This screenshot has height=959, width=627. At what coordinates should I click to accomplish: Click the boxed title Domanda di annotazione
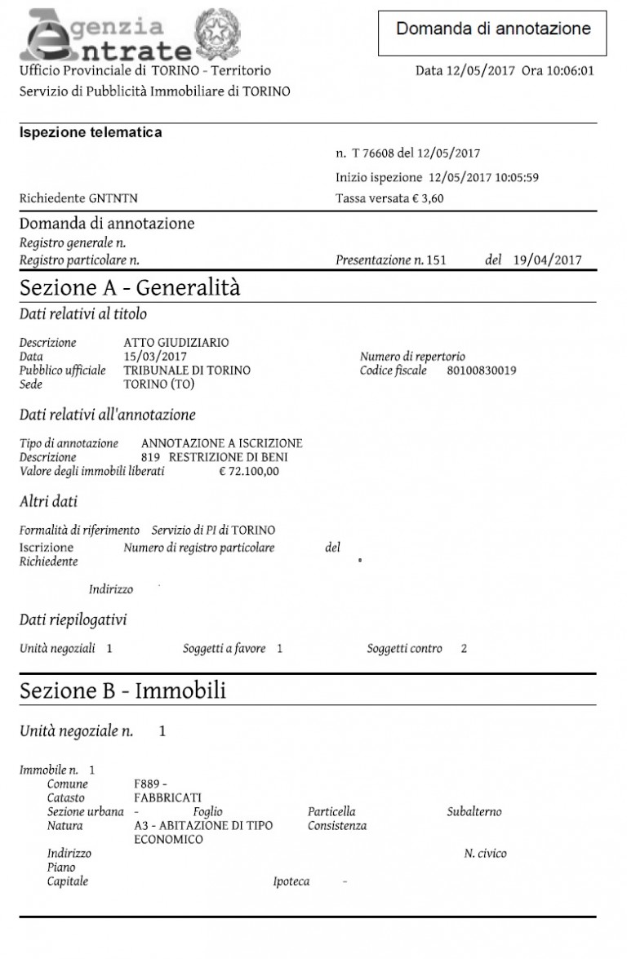coord(493,30)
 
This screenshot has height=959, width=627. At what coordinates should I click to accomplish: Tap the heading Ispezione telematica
coord(91,132)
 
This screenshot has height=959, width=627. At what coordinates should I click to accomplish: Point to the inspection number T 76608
coord(379,153)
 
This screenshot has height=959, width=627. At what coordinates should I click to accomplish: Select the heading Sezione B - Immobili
coord(122,691)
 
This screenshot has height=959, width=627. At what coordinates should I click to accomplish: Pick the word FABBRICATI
coord(168,797)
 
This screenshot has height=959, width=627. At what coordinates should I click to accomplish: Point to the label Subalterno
coord(474,812)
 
